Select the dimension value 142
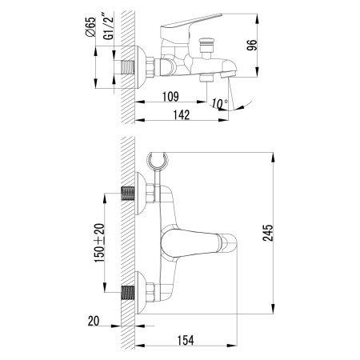[181, 114]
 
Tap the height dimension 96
[274, 46]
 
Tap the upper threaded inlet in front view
[127, 194]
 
